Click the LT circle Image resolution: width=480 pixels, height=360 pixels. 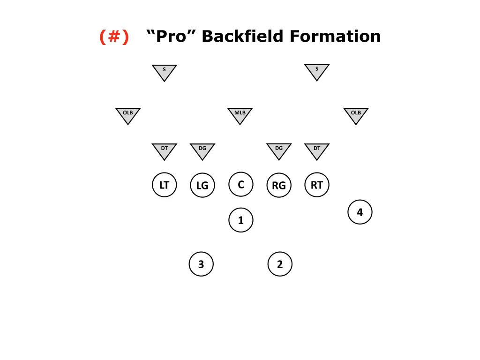(x=164, y=185)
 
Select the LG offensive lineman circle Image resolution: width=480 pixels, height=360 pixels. (x=202, y=185)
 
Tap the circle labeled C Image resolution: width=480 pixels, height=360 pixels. (x=240, y=184)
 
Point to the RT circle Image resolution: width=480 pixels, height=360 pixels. (x=317, y=185)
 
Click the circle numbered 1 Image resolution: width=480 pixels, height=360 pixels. (x=240, y=220)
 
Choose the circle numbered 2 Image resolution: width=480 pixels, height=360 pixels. (x=280, y=264)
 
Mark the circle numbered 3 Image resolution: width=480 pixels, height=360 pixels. (x=201, y=264)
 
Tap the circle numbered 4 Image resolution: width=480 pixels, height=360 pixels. (x=360, y=212)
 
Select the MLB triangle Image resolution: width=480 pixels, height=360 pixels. (x=240, y=114)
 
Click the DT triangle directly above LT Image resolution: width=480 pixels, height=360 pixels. (x=164, y=150)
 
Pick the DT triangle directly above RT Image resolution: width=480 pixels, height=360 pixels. (x=317, y=150)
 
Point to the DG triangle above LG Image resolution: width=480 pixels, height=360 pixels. (x=202, y=150)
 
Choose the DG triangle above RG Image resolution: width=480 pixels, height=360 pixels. (x=279, y=150)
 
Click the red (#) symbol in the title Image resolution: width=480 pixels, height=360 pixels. (x=114, y=37)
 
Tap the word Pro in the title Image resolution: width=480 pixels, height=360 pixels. (x=171, y=37)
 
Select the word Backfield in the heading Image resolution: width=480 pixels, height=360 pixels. (x=242, y=37)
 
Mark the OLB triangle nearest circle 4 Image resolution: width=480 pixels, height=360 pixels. (x=356, y=114)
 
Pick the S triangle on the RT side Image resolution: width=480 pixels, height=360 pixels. (x=317, y=71)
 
